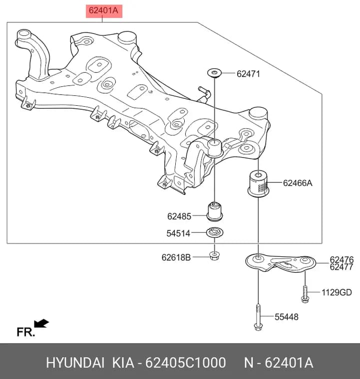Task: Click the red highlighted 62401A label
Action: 104,11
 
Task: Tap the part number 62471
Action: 248,74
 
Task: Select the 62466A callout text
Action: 298,183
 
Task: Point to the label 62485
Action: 179,216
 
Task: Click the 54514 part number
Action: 178,233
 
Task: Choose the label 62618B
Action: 176,257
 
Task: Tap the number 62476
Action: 342,260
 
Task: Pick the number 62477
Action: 342,267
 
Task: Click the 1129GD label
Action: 337,292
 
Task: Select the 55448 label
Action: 287,317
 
